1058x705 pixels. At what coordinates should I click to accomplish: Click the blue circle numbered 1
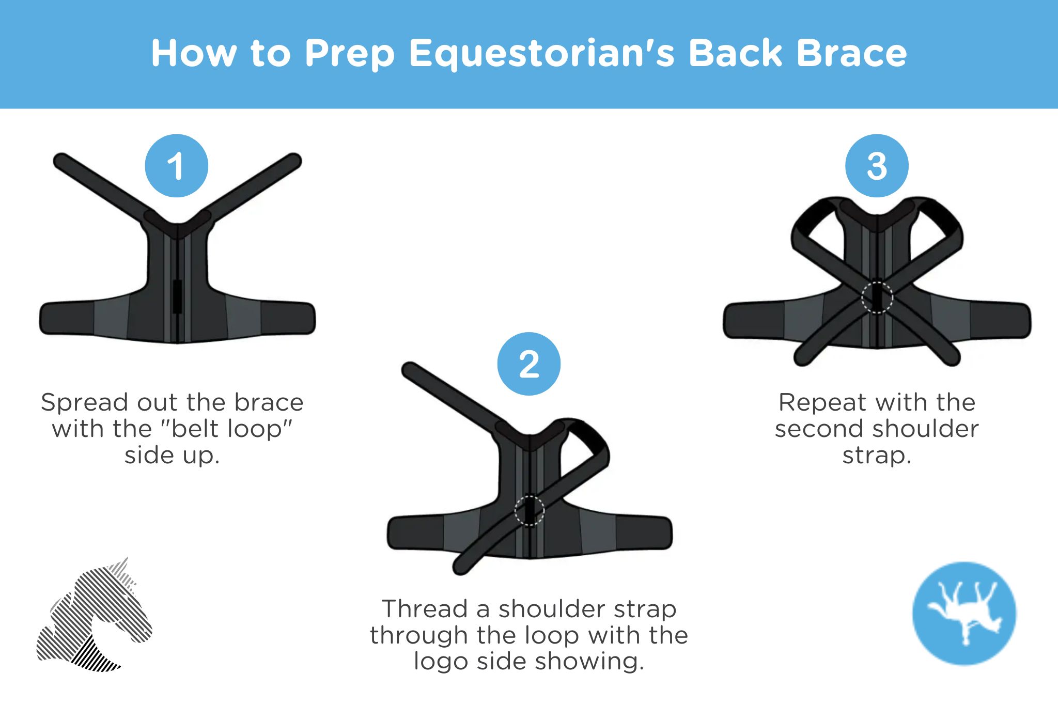pyautogui.click(x=176, y=166)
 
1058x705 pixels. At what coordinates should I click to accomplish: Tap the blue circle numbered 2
pyautogui.click(x=528, y=364)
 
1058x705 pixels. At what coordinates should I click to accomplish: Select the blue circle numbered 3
pyautogui.click(x=877, y=166)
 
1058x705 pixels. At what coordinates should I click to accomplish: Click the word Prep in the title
pyautogui.click(x=350, y=54)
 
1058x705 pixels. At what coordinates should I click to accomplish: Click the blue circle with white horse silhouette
pyautogui.click(x=964, y=613)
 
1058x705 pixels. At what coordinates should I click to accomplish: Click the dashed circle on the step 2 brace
pyautogui.click(x=530, y=510)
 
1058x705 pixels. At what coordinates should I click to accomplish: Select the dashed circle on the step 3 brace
pyautogui.click(x=877, y=297)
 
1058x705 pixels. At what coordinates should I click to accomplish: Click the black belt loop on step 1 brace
pyautogui.click(x=177, y=296)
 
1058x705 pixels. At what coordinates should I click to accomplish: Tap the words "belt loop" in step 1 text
pyautogui.click(x=227, y=429)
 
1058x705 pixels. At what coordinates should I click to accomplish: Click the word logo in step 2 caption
pyautogui.click(x=441, y=661)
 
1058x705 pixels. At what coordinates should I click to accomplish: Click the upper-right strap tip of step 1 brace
pyautogui.click(x=294, y=160)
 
